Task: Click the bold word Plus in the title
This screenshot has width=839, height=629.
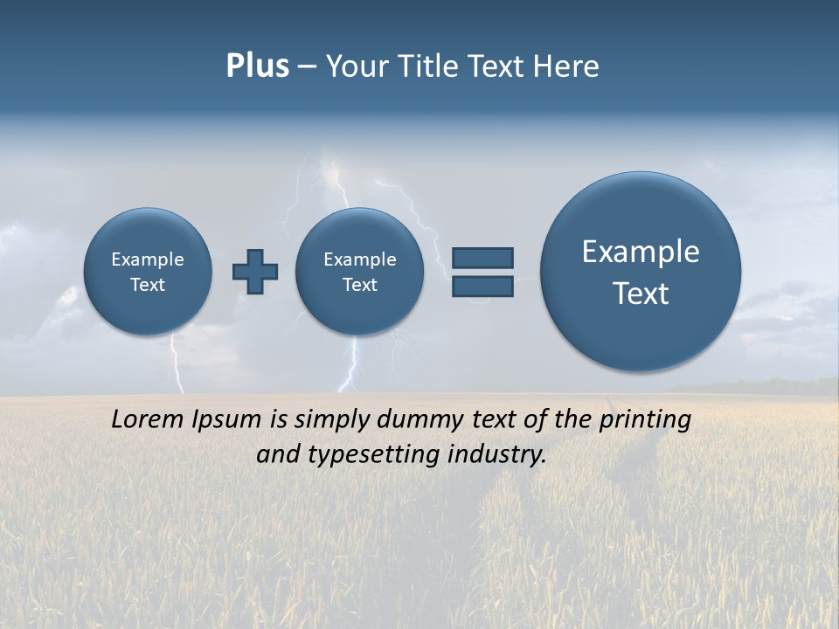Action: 257,66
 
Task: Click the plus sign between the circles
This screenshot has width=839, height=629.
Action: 255,271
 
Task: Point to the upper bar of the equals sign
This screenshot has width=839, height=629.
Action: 482,258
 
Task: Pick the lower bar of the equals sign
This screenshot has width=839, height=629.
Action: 482,286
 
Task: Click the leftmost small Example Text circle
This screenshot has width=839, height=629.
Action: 148,271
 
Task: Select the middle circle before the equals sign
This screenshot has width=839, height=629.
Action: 360,271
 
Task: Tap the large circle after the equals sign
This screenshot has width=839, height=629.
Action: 641,271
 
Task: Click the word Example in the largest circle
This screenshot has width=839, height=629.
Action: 641,252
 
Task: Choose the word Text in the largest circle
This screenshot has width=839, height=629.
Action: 641,294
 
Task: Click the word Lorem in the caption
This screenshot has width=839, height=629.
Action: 149,419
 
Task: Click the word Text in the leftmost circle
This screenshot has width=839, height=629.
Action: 148,285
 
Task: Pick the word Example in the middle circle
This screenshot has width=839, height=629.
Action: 360,259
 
